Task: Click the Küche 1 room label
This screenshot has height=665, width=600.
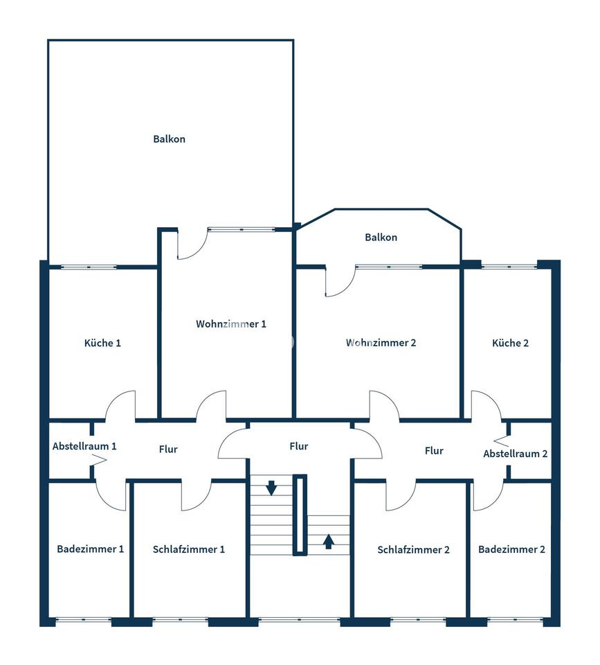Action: [x=102, y=343]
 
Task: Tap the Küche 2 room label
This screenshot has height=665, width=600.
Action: [x=510, y=343]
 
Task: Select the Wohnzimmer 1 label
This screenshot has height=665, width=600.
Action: [x=231, y=324]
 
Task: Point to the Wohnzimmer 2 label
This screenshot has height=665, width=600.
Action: [x=381, y=343]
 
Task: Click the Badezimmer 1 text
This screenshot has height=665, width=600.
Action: [x=90, y=549]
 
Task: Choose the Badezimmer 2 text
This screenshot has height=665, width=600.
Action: [x=511, y=549]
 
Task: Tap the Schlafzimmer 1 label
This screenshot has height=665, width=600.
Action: [x=188, y=549]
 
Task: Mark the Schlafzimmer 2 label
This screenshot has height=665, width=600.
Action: [x=413, y=549]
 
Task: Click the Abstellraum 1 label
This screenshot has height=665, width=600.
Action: [x=84, y=446]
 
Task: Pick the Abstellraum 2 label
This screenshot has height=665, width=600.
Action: [x=516, y=454]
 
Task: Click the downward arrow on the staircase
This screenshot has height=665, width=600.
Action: [x=271, y=488]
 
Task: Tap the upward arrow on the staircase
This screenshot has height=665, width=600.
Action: [x=329, y=542]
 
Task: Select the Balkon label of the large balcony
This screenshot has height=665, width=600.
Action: [x=169, y=139]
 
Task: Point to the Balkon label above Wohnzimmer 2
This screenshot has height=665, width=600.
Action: [x=381, y=237]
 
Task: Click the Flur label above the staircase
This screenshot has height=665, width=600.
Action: [x=299, y=446]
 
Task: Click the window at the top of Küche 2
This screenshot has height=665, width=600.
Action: [x=509, y=267]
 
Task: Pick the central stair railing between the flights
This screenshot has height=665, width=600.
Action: [x=300, y=515]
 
